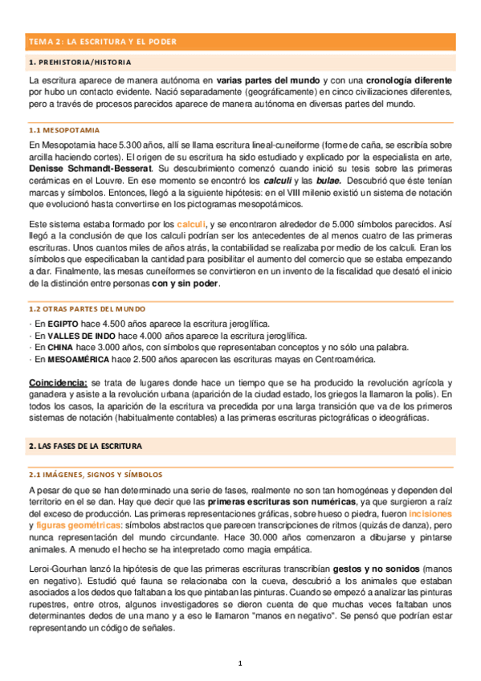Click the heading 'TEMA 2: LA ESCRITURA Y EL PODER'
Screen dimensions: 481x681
tap(103, 41)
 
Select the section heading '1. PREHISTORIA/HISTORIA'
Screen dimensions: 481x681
tap(79, 62)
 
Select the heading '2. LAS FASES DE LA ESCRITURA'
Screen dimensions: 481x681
tap(84, 445)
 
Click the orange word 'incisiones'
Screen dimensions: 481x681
tap(430, 513)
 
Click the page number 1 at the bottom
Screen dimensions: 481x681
tap(239, 663)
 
